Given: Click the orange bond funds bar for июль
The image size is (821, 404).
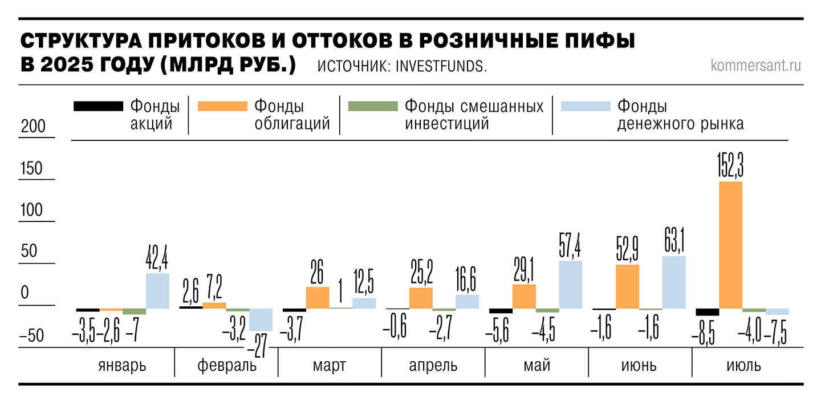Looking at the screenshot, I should click(730, 245).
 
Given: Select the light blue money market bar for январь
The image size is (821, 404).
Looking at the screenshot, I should click(157, 291).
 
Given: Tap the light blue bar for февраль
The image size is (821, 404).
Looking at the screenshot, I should click(261, 320).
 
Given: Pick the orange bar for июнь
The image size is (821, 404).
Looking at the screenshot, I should click(627, 286).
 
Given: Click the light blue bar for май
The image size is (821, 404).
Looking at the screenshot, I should click(571, 285).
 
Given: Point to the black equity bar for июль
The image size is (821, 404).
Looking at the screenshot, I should click(707, 312).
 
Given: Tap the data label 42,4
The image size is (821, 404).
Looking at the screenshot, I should click(158, 258).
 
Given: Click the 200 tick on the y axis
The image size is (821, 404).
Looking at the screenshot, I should click(32, 127).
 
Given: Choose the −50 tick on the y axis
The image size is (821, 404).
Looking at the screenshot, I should click(32, 336).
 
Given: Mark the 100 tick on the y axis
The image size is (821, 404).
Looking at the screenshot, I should click(32, 210).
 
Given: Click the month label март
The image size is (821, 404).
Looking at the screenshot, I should click(329, 365).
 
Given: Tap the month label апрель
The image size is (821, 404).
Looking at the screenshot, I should click(433, 365).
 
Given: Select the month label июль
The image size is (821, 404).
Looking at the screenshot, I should click(744, 365).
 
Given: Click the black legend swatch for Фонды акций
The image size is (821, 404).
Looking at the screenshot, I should click(97, 106).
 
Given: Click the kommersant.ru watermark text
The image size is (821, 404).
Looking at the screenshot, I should click(756, 66).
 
